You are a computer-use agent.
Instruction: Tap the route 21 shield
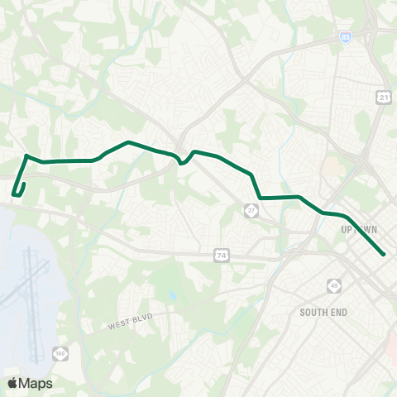coord(383,98)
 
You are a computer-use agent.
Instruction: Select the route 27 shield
coord(250,212)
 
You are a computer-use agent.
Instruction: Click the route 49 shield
coord(335,285)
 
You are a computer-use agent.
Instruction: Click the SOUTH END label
coord(324,313)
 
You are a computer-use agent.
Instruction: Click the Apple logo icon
coord(12,383)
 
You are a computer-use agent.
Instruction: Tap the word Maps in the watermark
coord(36,383)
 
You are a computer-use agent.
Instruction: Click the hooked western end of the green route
coord(14,195)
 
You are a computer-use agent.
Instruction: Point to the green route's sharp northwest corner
coord(27,155)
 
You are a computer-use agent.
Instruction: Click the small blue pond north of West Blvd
coord(172,295)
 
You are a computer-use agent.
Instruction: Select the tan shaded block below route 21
coord(332,165)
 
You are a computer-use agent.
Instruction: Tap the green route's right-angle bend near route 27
coord(260,198)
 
